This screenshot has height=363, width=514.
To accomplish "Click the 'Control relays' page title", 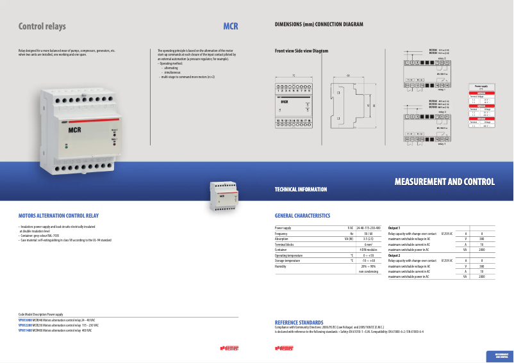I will click(x=42, y=27).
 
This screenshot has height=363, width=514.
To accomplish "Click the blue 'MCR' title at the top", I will click(x=230, y=27).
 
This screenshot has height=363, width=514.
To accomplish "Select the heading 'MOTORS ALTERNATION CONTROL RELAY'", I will click(x=58, y=216).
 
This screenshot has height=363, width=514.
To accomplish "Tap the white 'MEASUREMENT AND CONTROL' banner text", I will click(x=444, y=182).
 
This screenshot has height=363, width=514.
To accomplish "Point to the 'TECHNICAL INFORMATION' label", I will click(x=301, y=190).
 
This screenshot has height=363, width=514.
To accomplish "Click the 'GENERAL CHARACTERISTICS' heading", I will click(x=302, y=216).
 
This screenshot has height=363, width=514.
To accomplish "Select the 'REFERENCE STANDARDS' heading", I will click(x=299, y=322).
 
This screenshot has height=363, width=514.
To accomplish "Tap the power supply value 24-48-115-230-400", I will click(x=369, y=228).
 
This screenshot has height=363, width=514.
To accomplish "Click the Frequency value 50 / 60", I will click(x=369, y=234).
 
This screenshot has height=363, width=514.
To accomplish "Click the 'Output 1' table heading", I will click(x=394, y=228).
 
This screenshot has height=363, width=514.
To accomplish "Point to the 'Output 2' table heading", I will click(x=394, y=255).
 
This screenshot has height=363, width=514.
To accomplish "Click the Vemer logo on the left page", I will click(x=229, y=348).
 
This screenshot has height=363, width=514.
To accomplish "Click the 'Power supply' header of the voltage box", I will click(x=480, y=85).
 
